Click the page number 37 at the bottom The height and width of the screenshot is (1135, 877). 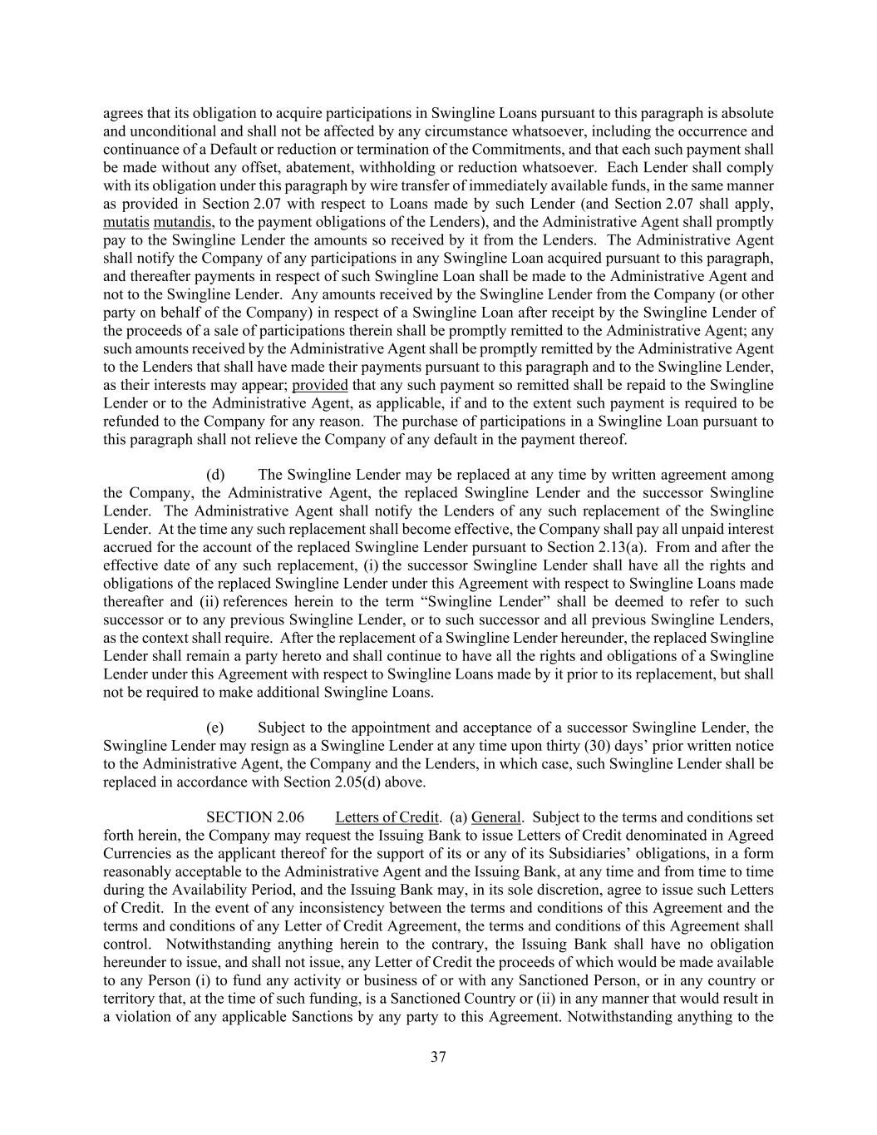(x=439, y=1057)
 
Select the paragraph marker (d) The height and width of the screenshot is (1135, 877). (x=215, y=475)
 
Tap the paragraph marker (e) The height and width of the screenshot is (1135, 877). (x=215, y=728)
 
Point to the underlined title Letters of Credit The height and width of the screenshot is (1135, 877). (x=387, y=817)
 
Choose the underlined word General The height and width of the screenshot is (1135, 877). (x=496, y=817)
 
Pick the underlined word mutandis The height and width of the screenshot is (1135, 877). (x=184, y=222)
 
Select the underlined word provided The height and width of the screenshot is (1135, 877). (x=320, y=385)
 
